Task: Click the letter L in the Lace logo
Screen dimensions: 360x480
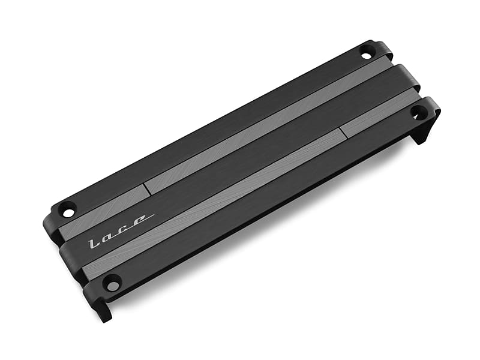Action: click(x=93, y=242)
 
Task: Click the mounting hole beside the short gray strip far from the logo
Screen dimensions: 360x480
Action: click(x=418, y=112)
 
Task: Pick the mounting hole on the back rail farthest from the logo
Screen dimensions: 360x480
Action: click(x=367, y=53)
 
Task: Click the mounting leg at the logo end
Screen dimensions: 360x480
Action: click(x=103, y=309)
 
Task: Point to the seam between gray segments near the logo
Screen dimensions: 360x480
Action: click(x=147, y=188)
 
